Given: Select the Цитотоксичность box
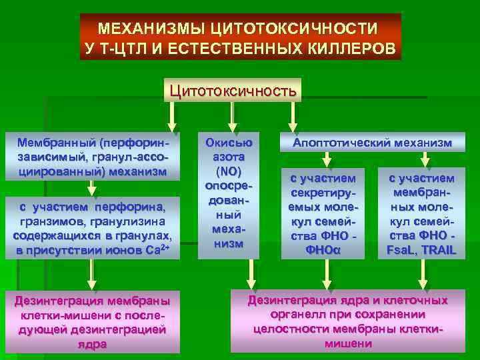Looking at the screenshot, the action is pos(233,89).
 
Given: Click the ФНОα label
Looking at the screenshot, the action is pos(323,250).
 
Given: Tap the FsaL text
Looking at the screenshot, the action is pos(403,250).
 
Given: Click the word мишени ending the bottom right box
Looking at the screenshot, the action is pos(347,343).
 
